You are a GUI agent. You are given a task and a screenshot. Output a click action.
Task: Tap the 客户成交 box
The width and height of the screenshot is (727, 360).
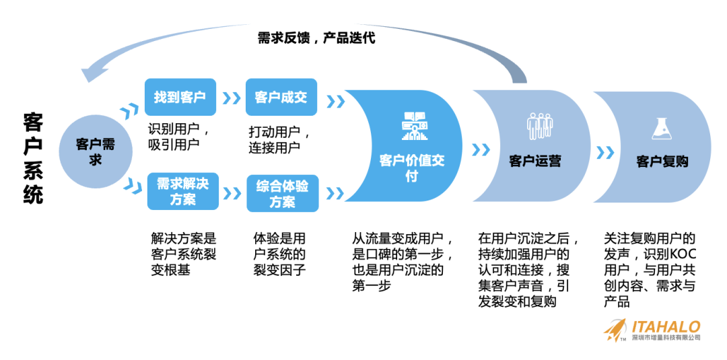click(281, 97)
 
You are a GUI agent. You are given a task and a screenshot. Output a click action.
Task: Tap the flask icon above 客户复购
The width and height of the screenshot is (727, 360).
click(660, 127)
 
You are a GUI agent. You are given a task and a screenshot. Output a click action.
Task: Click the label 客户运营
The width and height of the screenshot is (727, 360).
click(534, 161)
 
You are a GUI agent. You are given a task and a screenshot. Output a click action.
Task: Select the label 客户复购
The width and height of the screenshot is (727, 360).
click(662, 161)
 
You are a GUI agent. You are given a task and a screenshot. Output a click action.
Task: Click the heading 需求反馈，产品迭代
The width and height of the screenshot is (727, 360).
click(316, 38)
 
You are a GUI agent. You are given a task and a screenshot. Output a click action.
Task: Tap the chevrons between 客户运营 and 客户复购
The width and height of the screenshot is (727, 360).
click(605, 152)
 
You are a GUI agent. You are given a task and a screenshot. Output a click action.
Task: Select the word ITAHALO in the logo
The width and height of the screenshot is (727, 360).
click(666, 326)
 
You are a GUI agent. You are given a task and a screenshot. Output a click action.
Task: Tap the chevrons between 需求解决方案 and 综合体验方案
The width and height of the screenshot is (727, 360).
click(232, 193)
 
